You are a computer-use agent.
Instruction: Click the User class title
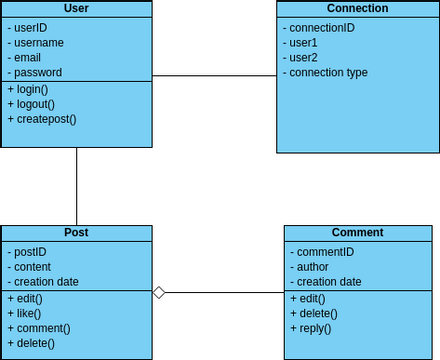[x=76, y=9]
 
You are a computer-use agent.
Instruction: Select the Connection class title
[x=357, y=9]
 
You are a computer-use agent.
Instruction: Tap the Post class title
[x=76, y=232]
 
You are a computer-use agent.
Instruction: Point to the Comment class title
[x=357, y=232]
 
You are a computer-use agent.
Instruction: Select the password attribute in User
[x=37, y=72]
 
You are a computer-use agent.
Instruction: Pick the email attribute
[x=28, y=57]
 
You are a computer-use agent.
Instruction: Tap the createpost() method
[x=44, y=119]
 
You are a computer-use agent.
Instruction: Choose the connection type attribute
[x=327, y=72]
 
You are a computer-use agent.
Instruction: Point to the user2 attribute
[x=302, y=57]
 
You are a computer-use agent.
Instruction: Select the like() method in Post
[x=27, y=313]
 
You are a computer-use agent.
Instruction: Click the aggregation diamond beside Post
[x=158, y=292]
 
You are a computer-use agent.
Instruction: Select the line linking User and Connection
[x=214, y=76]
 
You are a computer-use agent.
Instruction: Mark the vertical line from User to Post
[x=77, y=186]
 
